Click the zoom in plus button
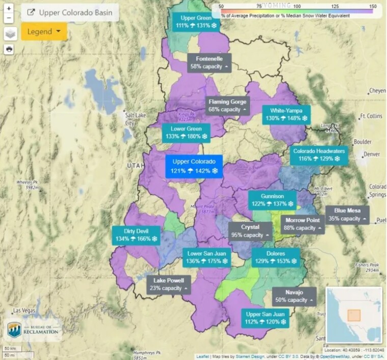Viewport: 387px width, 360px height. (9, 9)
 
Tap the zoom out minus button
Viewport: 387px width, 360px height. (9, 18)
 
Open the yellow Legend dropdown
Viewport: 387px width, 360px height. (44, 32)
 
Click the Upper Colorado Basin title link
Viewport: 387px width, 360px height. (70, 12)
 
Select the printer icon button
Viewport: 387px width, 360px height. (9, 49)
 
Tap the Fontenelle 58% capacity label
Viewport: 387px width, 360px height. (209, 63)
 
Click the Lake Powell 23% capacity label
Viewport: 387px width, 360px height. (169, 284)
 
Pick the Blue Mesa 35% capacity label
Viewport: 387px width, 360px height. (348, 214)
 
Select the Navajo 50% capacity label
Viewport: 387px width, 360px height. (294, 296)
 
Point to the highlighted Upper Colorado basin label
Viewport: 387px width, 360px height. (194, 166)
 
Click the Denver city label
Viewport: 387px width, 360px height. (372, 154)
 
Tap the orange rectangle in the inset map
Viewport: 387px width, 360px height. (353, 315)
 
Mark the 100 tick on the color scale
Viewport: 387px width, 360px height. (297, 6)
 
